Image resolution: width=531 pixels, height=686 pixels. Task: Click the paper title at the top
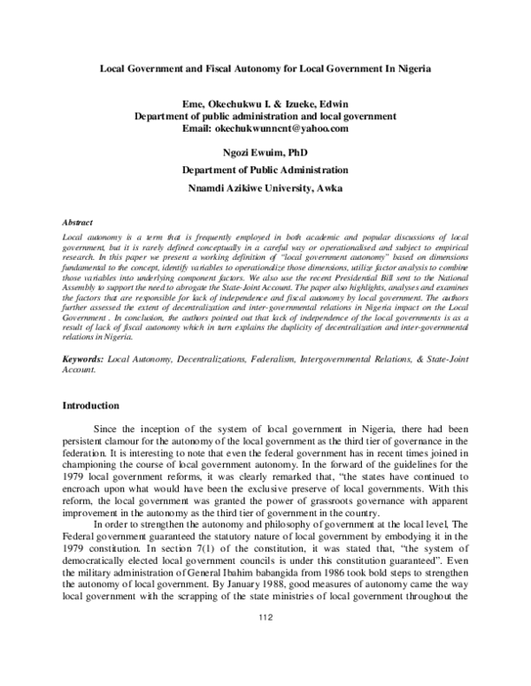click(x=265, y=69)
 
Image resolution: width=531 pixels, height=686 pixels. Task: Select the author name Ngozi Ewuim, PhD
click(x=265, y=153)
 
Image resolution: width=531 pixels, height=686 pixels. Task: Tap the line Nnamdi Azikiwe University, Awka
click(x=265, y=187)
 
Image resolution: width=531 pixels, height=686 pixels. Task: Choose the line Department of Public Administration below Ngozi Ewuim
click(x=265, y=170)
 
